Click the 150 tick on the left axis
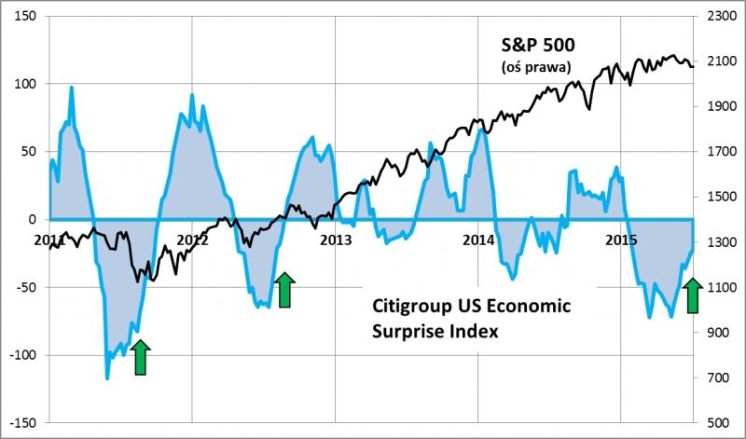point(24,17)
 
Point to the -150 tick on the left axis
point(22,422)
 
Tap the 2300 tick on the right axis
point(718,17)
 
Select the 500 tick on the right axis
point(718,422)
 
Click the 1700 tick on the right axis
point(718,152)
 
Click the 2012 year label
point(191,240)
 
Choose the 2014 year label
point(478,240)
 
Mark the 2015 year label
point(622,240)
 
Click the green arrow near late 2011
point(140,358)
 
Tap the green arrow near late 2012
point(283,290)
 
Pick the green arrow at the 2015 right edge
point(692,296)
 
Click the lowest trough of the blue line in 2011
point(107,377)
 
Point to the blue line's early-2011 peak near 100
point(72,88)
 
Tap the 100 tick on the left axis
point(24,84)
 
